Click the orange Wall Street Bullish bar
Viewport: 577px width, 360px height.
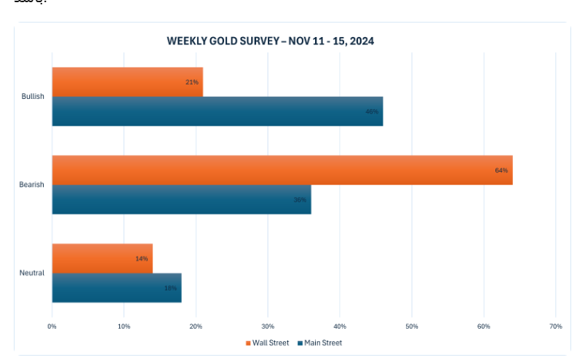tap(127, 81)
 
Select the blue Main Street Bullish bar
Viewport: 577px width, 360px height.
tap(217, 111)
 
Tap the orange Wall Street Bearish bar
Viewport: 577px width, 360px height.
tap(282, 169)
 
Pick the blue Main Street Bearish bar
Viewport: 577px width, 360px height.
tap(181, 199)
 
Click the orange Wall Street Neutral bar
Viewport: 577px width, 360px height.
tap(102, 258)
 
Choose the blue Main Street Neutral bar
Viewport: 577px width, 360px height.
tap(116, 287)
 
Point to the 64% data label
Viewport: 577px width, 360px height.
tap(501, 170)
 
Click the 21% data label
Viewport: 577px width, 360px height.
tap(192, 82)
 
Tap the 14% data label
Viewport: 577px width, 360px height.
tap(141, 258)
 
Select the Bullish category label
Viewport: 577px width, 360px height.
tap(33, 97)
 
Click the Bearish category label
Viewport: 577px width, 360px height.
tap(32, 185)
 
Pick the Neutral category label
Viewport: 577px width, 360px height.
tap(33, 273)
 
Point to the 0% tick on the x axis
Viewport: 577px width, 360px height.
tap(52, 326)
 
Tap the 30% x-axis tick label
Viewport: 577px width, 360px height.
tap(268, 326)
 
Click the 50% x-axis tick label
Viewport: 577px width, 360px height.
tap(412, 326)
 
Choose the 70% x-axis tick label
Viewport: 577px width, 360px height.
tap(555, 326)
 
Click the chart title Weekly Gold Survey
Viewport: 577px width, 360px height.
tap(271, 41)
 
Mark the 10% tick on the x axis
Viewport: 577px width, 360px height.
tap(124, 326)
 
